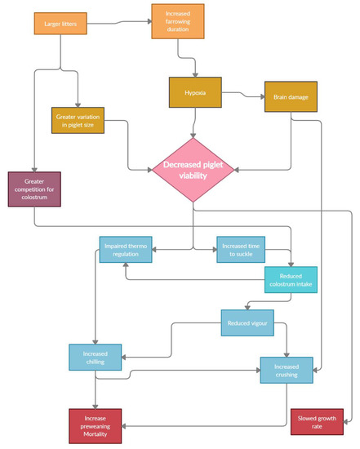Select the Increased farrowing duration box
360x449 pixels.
coord(177,21)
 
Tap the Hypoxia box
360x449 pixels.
coord(196,92)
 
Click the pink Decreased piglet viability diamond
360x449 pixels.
coord(193,170)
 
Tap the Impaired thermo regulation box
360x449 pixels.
coord(126,250)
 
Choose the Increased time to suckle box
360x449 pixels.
coord(240,249)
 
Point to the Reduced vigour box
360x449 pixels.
coord(247,322)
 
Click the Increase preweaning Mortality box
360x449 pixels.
coord(95,425)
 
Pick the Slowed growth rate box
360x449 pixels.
coord(321,423)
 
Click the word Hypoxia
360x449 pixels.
coord(196,93)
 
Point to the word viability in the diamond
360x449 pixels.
coord(193,176)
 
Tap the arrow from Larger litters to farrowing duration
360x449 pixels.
coord(119,22)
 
